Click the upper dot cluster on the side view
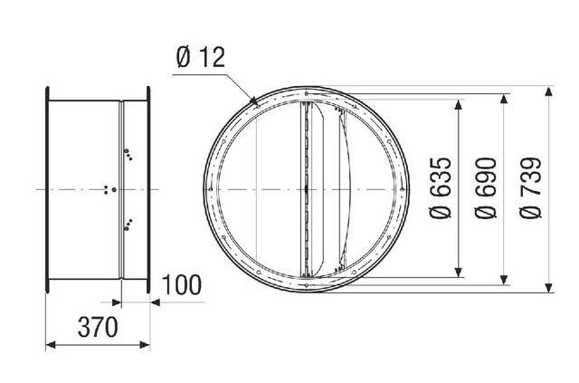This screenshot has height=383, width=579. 128,155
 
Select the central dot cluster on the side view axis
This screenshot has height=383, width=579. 110,189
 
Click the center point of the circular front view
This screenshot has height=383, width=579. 307,189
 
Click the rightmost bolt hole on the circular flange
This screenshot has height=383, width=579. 403,189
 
